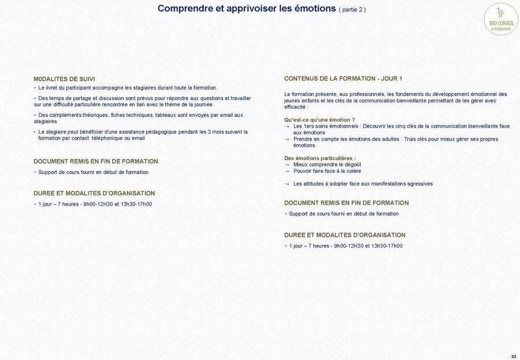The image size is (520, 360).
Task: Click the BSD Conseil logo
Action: pyautogui.click(x=500, y=19)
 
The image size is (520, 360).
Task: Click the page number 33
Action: pyautogui.click(x=514, y=355)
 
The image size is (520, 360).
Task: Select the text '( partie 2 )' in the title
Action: pyautogui.click(x=352, y=10)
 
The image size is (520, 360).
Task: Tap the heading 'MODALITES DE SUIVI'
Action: pyautogui.click(x=64, y=79)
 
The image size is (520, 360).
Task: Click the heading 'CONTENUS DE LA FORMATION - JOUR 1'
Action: pyautogui.click(x=343, y=79)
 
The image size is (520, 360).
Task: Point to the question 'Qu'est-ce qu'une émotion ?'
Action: pyautogui.click(x=320, y=120)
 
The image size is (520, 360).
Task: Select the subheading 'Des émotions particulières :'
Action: pyautogui.click(x=320, y=158)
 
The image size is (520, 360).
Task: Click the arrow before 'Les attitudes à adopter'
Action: pyautogui.click(x=287, y=184)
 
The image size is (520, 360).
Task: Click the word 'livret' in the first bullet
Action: pyautogui.click(x=53, y=88)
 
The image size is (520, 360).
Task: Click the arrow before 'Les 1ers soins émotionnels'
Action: pyautogui.click(x=287, y=126)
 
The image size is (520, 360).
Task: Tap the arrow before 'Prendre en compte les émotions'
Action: pyautogui.click(x=287, y=139)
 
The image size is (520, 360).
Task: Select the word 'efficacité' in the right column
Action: pyautogui.click(x=295, y=107)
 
